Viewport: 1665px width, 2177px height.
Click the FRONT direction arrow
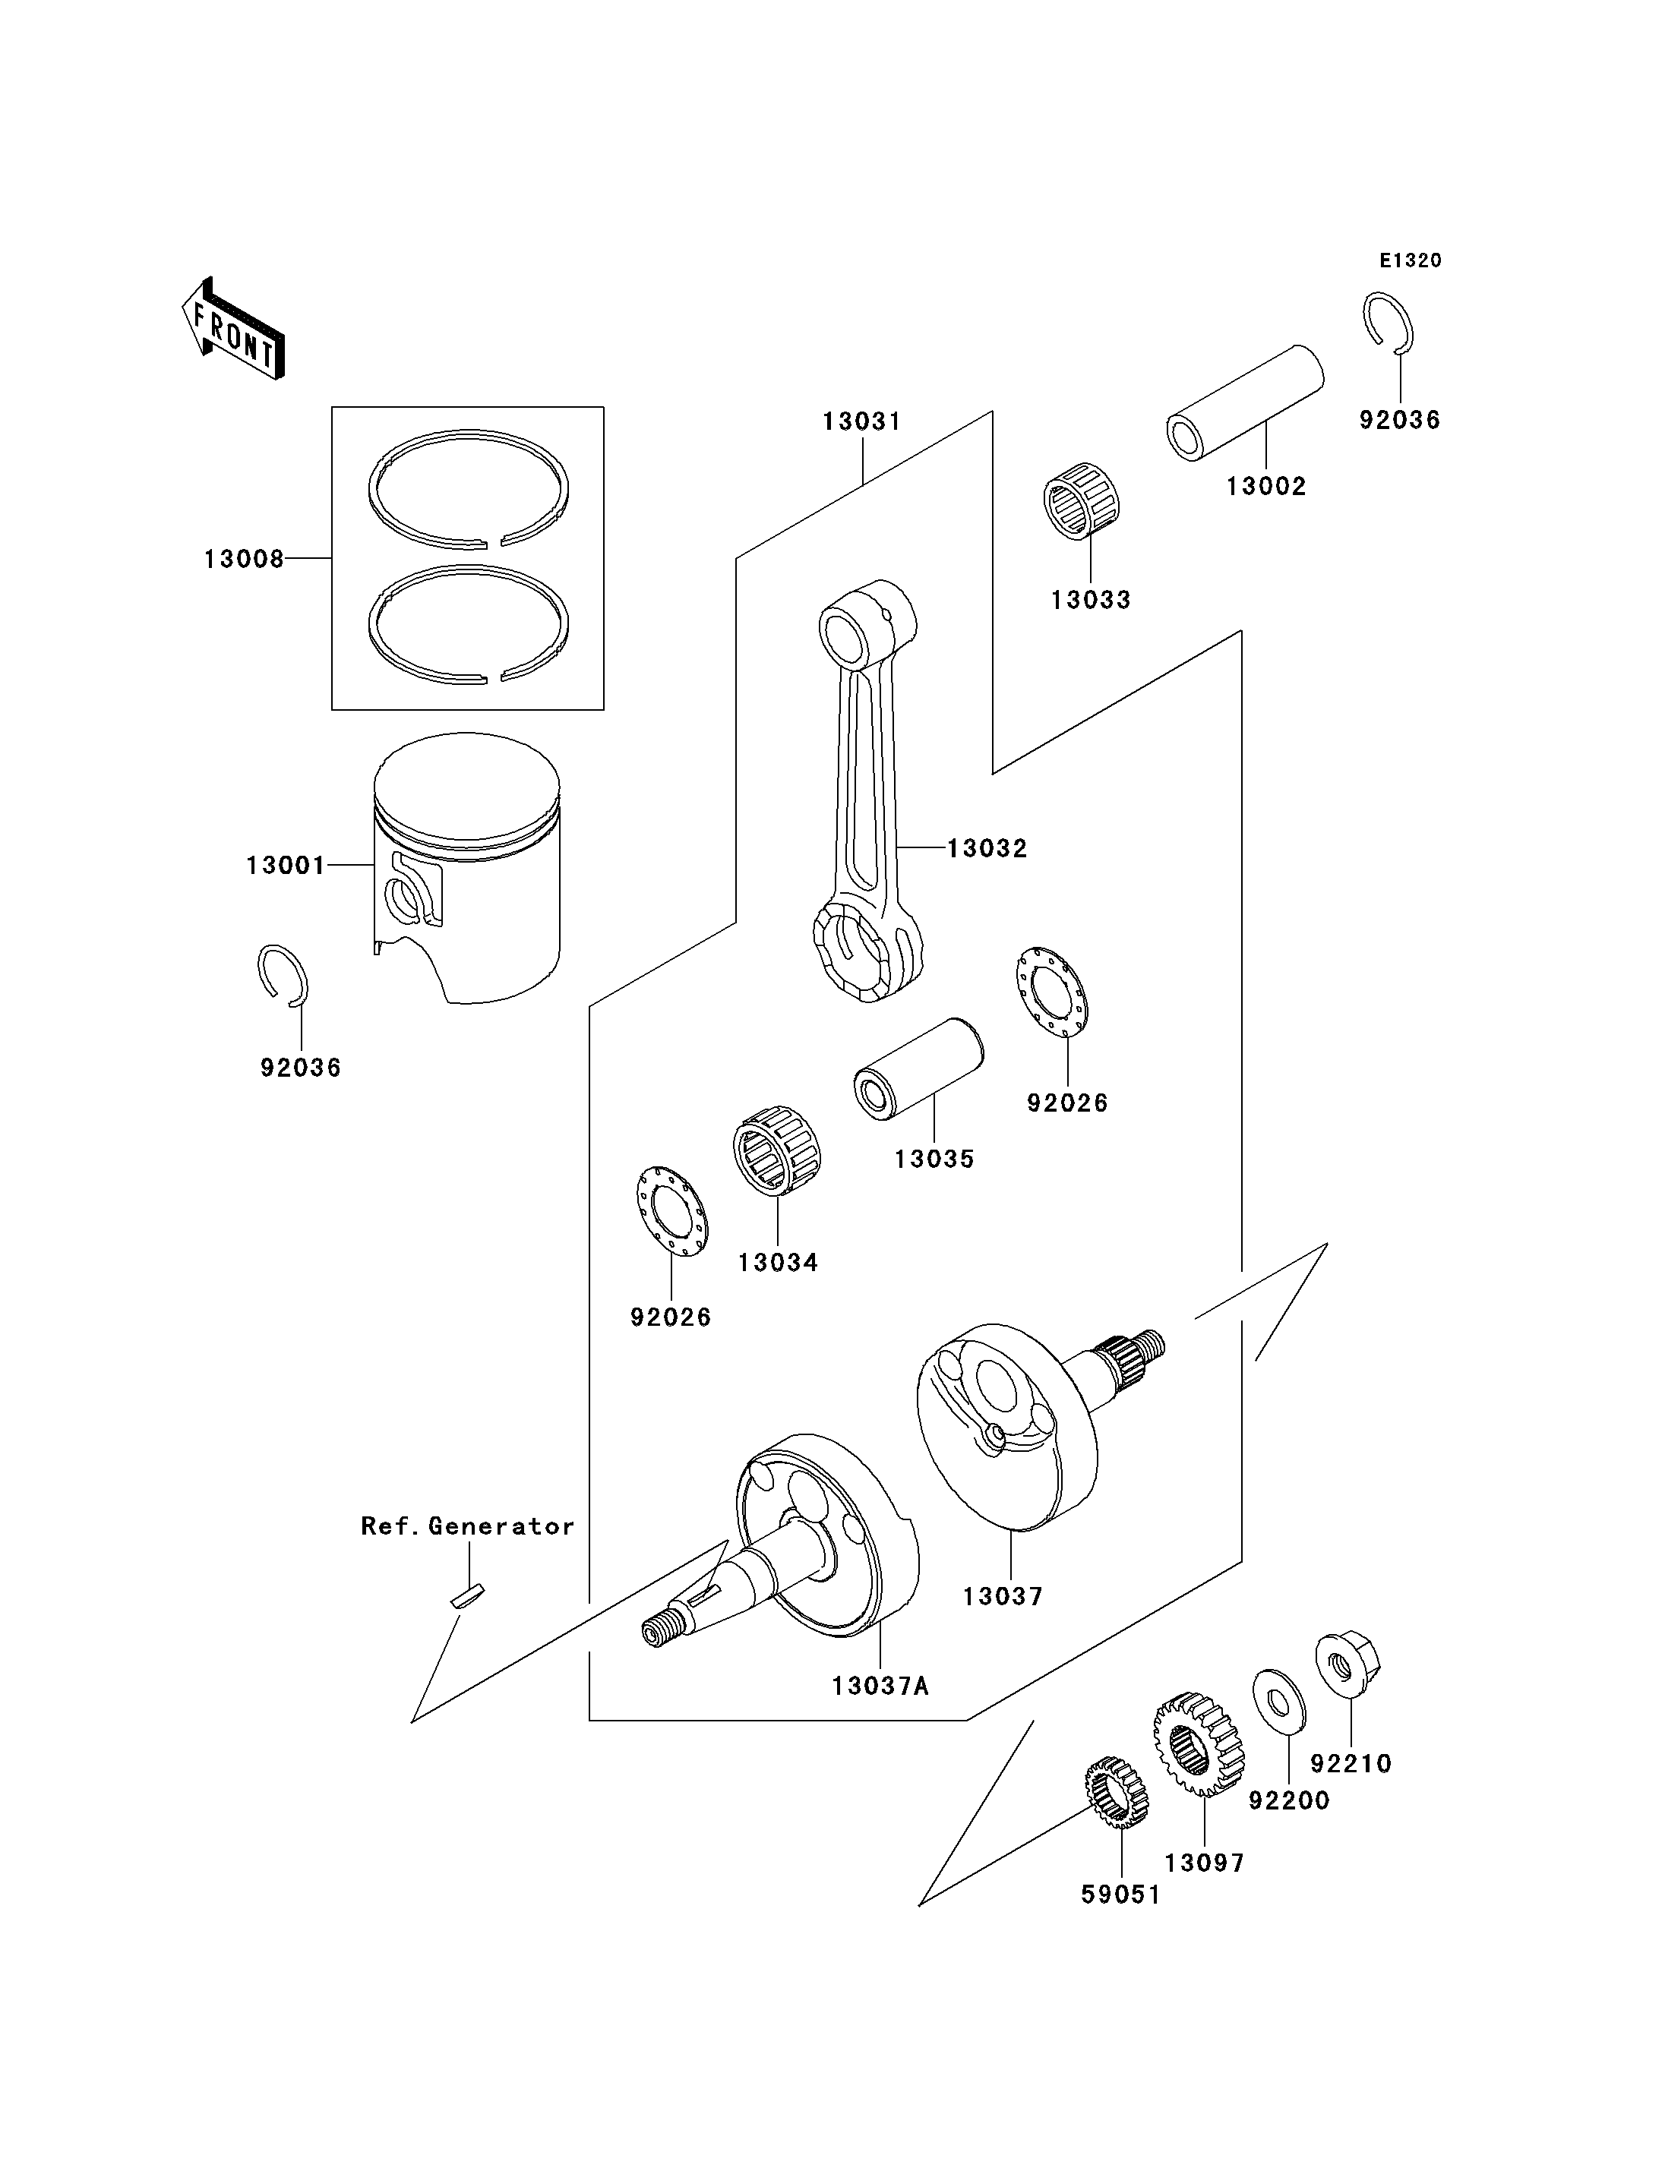pyautogui.click(x=234, y=329)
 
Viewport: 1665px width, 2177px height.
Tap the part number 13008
pyautogui.click(x=244, y=559)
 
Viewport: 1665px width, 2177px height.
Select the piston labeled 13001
pyautogui.click(x=467, y=868)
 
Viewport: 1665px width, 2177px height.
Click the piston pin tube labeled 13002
pyautogui.click(x=1246, y=403)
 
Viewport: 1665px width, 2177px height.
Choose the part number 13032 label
pyautogui.click(x=987, y=848)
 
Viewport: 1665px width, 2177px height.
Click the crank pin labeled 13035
pyautogui.click(x=919, y=1069)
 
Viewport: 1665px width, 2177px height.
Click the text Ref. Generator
pyautogui.click(x=468, y=1526)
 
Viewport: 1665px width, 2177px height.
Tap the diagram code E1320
pyautogui.click(x=1411, y=260)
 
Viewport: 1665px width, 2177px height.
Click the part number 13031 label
pyautogui.click(x=862, y=421)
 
